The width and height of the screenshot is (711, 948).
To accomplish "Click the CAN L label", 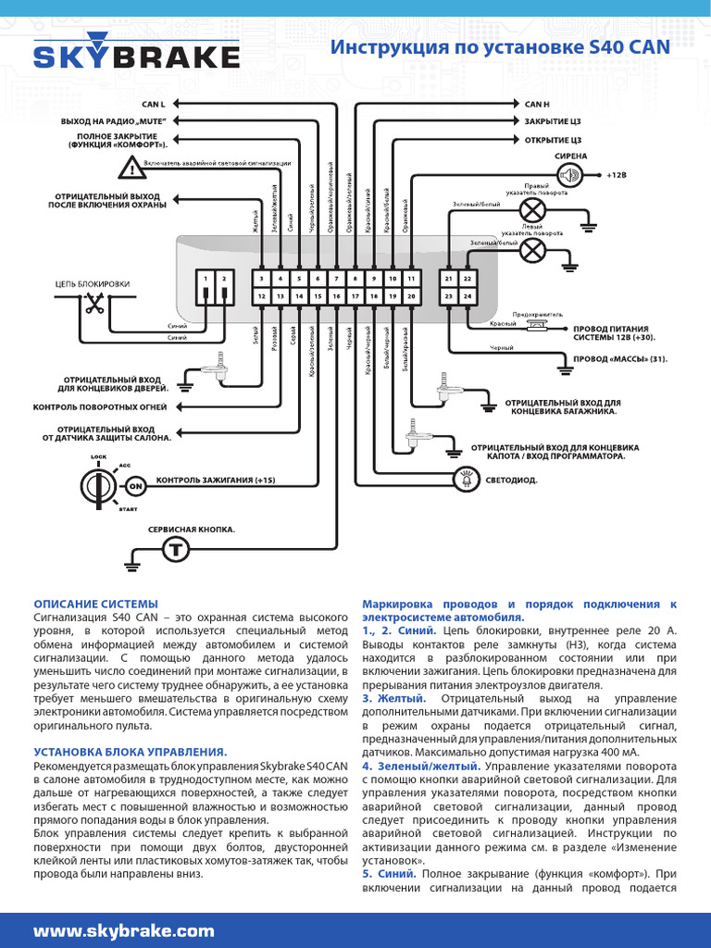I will click(x=153, y=105).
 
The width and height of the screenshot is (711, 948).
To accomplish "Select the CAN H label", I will click(x=537, y=105).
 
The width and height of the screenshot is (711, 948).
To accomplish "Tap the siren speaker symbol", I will click(x=571, y=174).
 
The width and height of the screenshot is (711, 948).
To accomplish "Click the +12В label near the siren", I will click(x=617, y=174).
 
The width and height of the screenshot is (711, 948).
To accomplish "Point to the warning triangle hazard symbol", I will click(x=132, y=168).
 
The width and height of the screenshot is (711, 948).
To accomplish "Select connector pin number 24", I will click(x=468, y=295).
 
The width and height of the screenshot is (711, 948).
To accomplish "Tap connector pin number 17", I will click(x=355, y=295).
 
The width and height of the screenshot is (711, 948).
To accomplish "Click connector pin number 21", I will click(x=449, y=278).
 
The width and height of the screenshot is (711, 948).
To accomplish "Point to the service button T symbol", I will click(x=174, y=549).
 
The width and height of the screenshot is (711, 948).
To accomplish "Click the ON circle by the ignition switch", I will click(x=135, y=485).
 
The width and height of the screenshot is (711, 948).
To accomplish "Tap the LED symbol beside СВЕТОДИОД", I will click(x=463, y=480).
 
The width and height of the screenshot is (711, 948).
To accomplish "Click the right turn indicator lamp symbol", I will click(x=531, y=210).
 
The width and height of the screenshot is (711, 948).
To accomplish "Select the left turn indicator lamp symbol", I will click(x=531, y=250).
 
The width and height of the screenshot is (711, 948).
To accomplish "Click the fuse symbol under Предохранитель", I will click(x=535, y=326).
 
